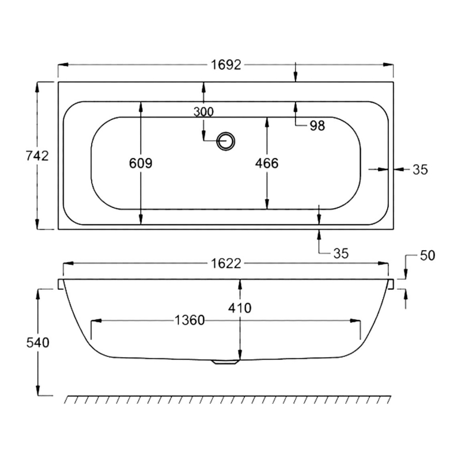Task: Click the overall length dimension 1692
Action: click(x=225, y=65)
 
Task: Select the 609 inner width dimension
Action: click(x=141, y=164)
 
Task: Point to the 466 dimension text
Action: click(x=267, y=164)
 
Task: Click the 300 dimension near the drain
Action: click(x=203, y=112)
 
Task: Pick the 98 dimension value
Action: click(x=317, y=126)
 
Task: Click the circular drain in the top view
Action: click(x=226, y=140)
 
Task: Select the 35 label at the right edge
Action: click(x=420, y=169)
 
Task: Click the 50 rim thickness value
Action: click(x=427, y=255)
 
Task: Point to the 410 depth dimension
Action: click(x=240, y=308)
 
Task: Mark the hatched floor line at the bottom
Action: click(x=228, y=399)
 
